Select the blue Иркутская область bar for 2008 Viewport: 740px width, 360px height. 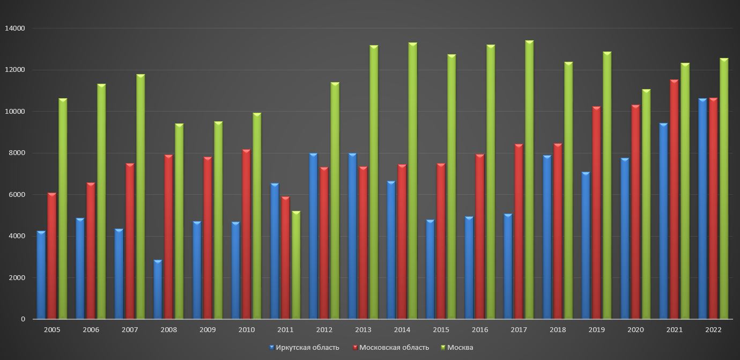pyautogui.click(x=158, y=290)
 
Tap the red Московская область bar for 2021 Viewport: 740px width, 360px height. pyautogui.click(x=674, y=200)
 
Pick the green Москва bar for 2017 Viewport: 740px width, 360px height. pyautogui.click(x=529, y=180)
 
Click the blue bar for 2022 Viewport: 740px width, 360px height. pyautogui.click(x=702, y=209)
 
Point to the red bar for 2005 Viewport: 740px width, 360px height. pyautogui.click(x=51, y=256)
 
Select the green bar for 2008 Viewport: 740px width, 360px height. pyautogui.click(x=179, y=222)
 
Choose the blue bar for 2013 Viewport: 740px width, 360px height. pyautogui.click(x=352, y=236)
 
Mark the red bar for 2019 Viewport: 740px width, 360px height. pyautogui.click(x=596, y=213)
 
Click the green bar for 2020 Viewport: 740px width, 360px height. pyautogui.click(x=646, y=204)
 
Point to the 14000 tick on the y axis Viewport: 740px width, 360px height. pyautogui.click(x=16, y=28)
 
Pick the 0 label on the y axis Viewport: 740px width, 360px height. pyautogui.click(x=23, y=319)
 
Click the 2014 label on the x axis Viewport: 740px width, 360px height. pyautogui.click(x=402, y=330)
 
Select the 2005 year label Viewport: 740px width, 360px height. pyautogui.click(x=52, y=330)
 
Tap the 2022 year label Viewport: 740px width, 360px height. pyautogui.click(x=713, y=330)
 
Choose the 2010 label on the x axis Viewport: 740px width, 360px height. pyautogui.click(x=247, y=330)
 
